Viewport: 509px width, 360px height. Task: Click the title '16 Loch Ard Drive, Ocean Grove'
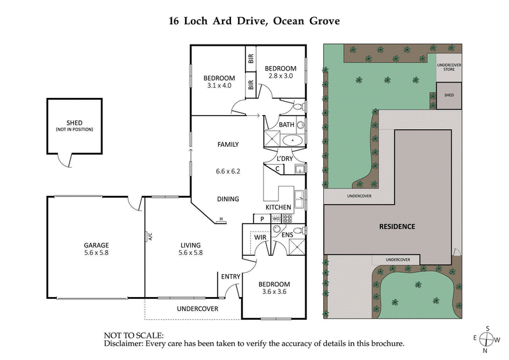(254, 20)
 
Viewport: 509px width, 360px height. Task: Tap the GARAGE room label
(96, 245)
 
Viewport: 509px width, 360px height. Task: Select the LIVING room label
(190, 245)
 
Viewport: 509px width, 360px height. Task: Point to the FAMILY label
(228, 144)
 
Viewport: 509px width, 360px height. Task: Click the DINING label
(228, 199)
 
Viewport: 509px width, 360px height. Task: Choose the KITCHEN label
(279, 207)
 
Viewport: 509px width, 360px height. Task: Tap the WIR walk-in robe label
(260, 237)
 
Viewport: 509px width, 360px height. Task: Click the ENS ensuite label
(288, 235)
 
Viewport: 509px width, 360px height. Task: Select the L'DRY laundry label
(284, 158)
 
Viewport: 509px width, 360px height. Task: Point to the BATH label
(286, 125)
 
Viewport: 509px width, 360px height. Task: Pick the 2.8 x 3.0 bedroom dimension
(281, 76)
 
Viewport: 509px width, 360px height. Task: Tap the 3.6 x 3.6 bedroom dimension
(274, 292)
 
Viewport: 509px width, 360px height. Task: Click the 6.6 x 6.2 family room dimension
(228, 172)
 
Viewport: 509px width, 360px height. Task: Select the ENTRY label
(230, 277)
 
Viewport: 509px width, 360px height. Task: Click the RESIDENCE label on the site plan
(397, 226)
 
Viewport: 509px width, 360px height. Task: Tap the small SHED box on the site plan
(449, 95)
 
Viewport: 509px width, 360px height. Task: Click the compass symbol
(487, 338)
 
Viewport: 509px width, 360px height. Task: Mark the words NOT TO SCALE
(134, 335)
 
